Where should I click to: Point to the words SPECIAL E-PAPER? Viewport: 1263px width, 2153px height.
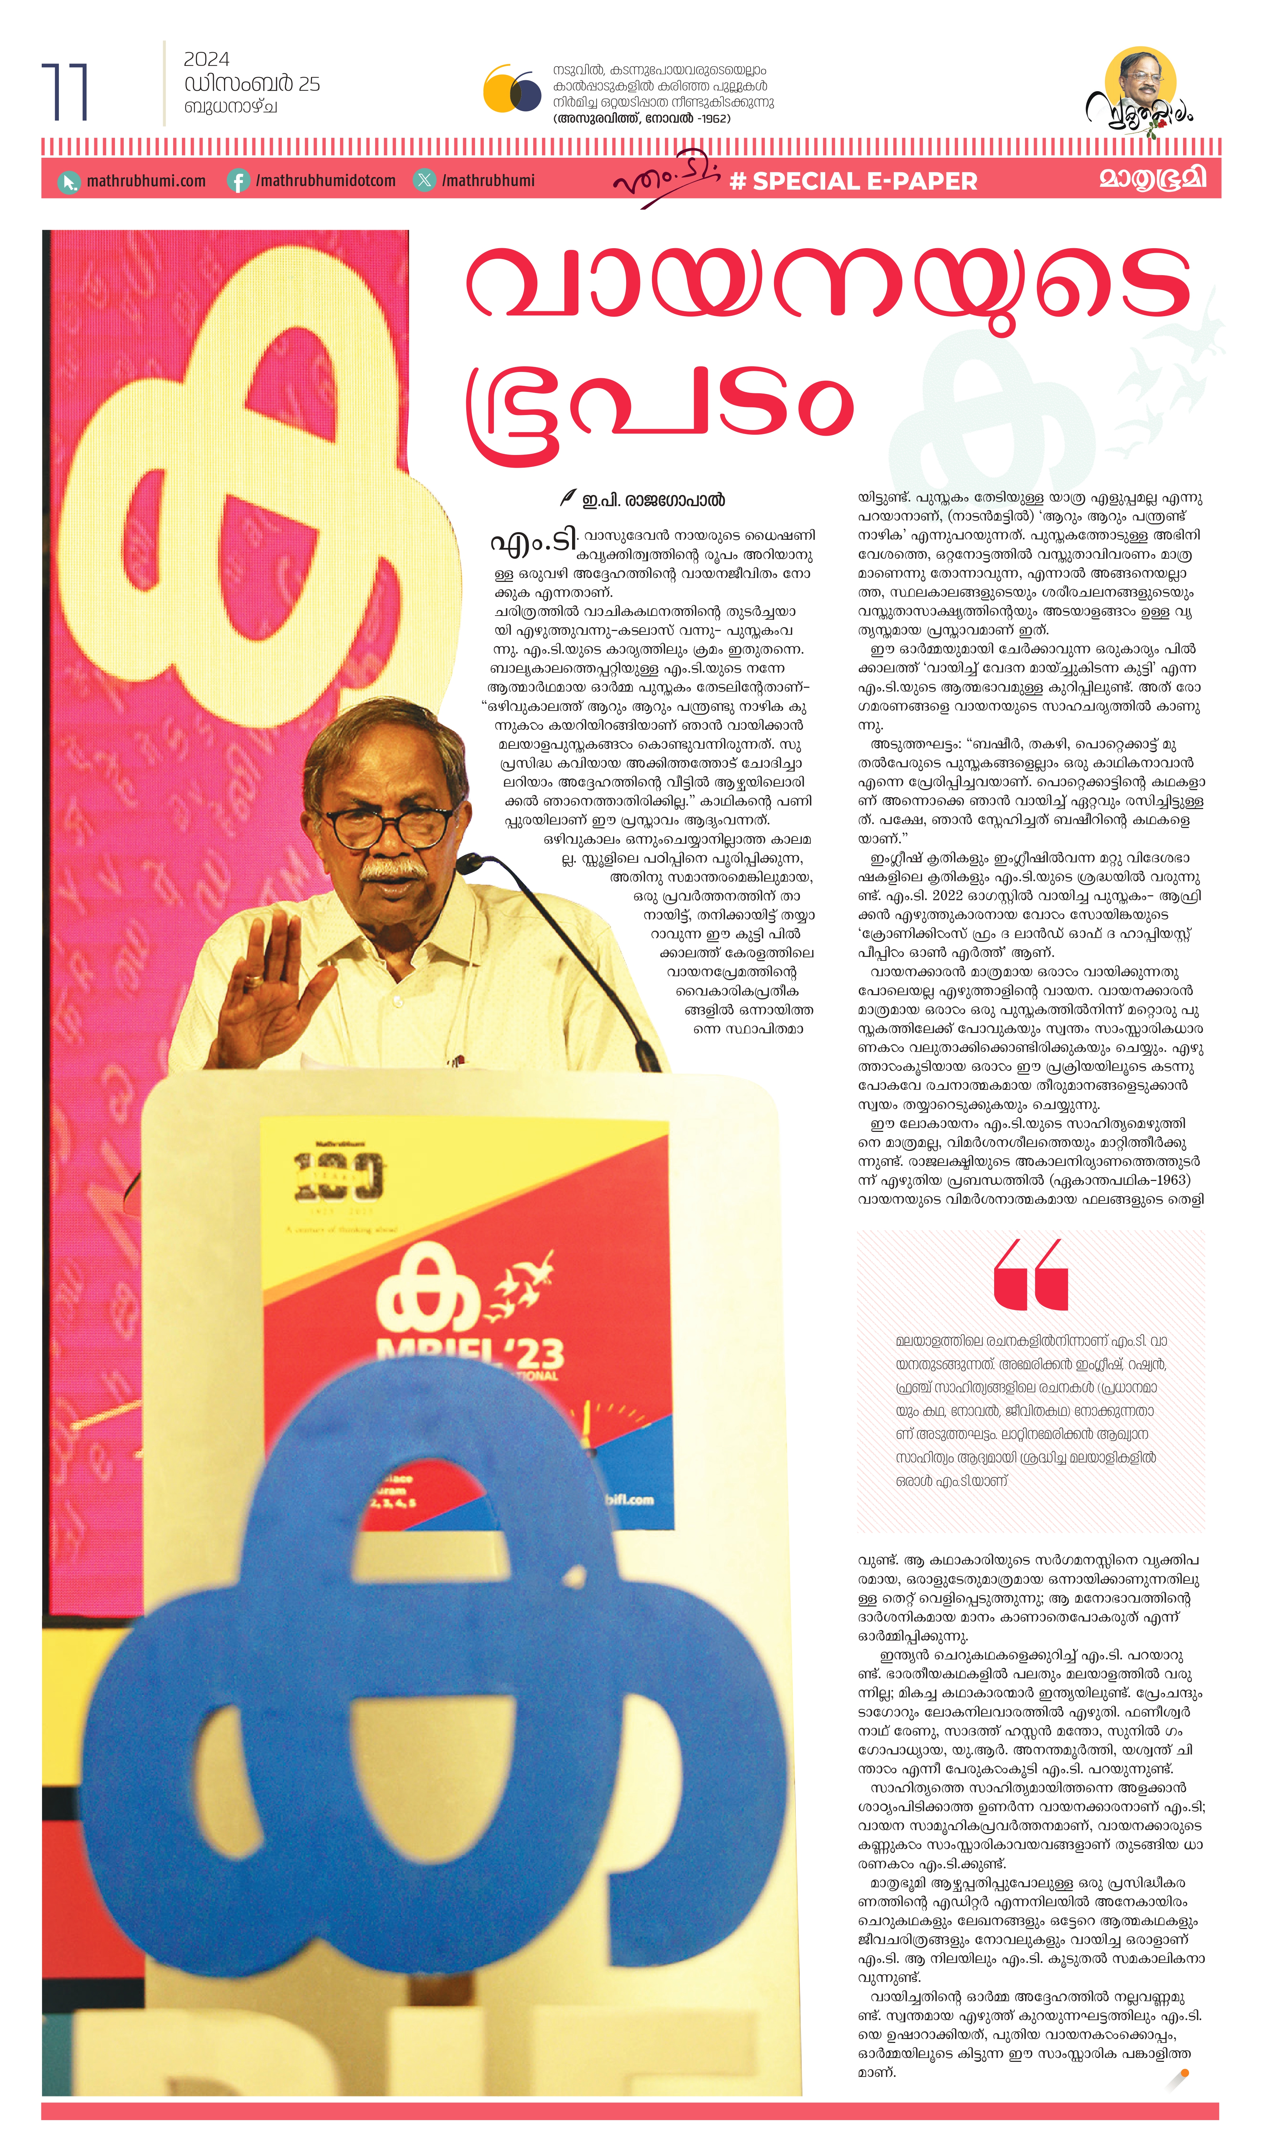pos(864,181)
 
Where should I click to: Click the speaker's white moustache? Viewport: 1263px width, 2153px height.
pos(391,870)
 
